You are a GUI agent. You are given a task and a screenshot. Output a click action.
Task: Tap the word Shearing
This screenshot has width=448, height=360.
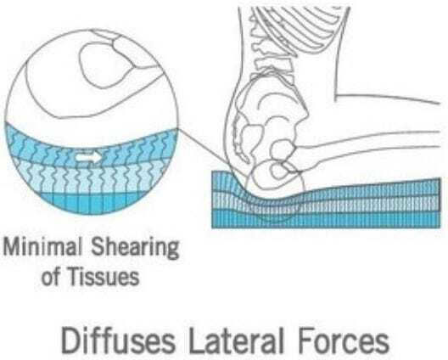tap(136, 249)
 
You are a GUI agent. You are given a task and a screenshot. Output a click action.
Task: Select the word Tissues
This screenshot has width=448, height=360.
tap(104, 277)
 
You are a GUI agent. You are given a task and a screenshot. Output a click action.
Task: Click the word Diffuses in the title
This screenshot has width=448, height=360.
tap(118, 340)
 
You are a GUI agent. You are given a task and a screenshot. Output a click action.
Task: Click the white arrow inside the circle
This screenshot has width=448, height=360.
tap(88, 157)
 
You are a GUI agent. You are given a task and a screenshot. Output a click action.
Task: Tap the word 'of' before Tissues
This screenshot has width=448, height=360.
tap(51, 277)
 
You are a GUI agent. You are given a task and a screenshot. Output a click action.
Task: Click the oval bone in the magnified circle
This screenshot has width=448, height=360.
tap(105, 65)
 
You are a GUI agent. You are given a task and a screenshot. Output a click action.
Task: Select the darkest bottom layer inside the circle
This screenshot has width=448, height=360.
tap(92, 203)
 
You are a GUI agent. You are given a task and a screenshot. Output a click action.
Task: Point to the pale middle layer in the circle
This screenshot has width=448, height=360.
tap(92, 178)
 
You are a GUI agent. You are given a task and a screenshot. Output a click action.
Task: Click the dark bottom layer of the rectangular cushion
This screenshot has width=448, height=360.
tap(326, 220)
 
